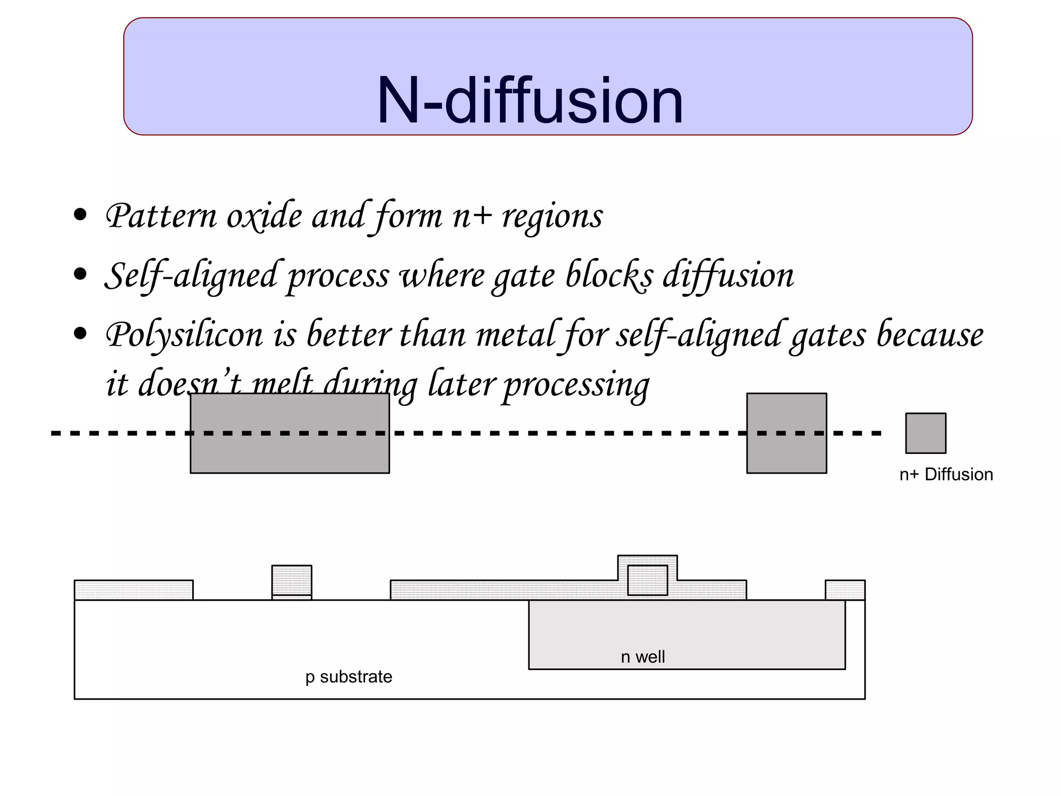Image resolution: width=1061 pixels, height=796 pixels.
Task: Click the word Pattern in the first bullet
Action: click(161, 216)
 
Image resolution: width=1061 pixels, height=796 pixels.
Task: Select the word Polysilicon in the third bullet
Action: click(184, 335)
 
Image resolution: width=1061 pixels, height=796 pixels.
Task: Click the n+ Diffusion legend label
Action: click(946, 474)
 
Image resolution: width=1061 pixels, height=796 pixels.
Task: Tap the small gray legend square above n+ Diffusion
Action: click(925, 433)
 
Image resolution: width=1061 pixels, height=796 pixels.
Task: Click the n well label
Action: click(642, 657)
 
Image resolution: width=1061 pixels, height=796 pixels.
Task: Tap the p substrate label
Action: click(349, 677)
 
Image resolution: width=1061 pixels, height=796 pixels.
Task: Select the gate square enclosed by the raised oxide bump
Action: click(647, 580)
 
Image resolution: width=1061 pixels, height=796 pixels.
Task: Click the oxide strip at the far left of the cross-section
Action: click(134, 590)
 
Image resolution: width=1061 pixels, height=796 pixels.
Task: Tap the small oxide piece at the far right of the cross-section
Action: click(844, 590)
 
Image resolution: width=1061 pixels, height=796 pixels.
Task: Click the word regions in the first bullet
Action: click(552, 216)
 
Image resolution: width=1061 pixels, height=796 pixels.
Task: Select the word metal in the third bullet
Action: click(515, 335)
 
